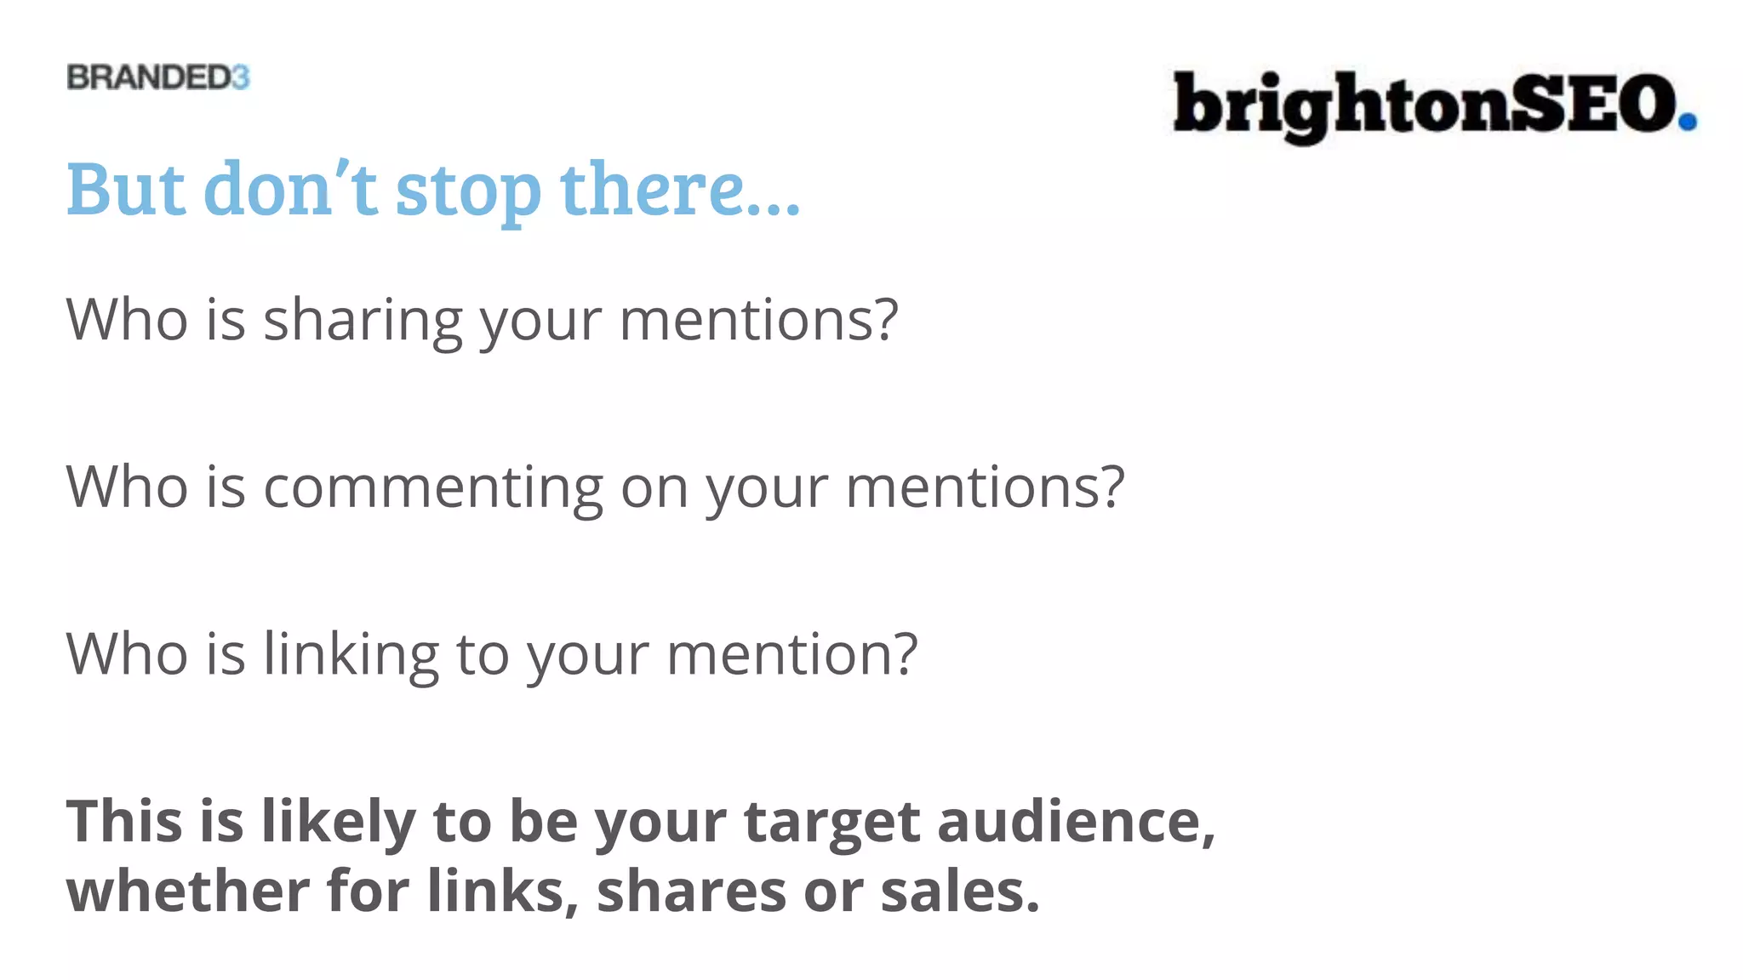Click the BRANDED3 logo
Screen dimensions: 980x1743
(158, 77)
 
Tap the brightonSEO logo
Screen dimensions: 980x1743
(1434, 105)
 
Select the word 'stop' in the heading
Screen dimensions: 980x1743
(468, 191)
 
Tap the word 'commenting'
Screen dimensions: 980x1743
(433, 488)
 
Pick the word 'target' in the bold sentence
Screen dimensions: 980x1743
(831, 823)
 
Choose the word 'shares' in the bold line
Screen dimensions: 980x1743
(692, 892)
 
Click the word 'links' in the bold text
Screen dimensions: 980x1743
(496, 892)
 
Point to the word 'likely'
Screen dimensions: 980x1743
(338, 823)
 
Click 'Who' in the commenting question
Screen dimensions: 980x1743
(127, 487)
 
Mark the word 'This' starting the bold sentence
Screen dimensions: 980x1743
(124, 822)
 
